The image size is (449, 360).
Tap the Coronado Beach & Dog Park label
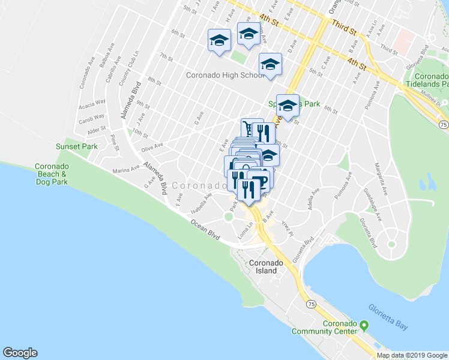[x=50, y=173]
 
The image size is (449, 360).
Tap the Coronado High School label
[x=225, y=76]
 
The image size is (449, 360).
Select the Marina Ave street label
[x=125, y=170]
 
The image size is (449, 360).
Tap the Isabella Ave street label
[x=202, y=203]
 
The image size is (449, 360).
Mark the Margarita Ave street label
[x=379, y=173]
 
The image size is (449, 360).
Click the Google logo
[x=20, y=353]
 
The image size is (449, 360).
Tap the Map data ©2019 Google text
[x=411, y=355]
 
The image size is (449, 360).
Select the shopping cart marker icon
[x=247, y=128]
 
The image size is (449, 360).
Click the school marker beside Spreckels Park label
[x=288, y=106]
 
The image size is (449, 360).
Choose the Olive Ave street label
[x=152, y=146]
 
